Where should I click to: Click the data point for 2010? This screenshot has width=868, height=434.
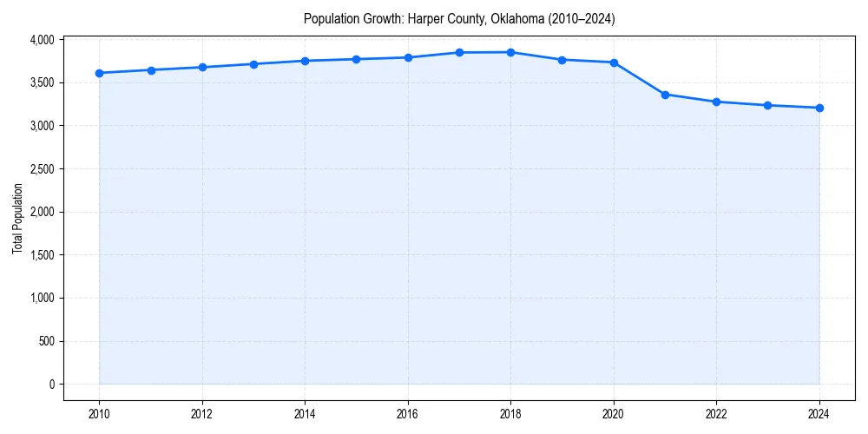pyautogui.click(x=100, y=73)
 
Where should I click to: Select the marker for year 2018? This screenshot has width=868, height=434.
pyautogui.click(x=510, y=52)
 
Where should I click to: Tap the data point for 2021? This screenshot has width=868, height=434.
pyautogui.click(x=665, y=95)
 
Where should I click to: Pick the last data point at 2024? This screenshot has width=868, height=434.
pyautogui.click(x=819, y=108)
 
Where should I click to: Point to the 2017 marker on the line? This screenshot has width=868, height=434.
pyautogui.click(x=459, y=53)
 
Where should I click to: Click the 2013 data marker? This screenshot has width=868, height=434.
pyautogui.click(x=253, y=64)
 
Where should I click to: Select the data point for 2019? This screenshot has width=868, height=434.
pyautogui.click(x=562, y=60)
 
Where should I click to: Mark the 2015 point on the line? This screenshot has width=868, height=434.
pyautogui.click(x=357, y=59)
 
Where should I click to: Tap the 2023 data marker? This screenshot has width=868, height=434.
pyautogui.click(x=768, y=105)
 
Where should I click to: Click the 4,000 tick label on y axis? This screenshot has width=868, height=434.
pyautogui.click(x=42, y=40)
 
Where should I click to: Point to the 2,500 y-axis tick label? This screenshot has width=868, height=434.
pyautogui.click(x=42, y=169)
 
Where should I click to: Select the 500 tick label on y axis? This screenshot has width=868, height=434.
pyautogui.click(x=47, y=341)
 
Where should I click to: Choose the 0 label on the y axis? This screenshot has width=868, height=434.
pyautogui.click(x=51, y=385)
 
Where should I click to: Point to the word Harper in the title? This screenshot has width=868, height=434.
pyautogui.click(x=424, y=19)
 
